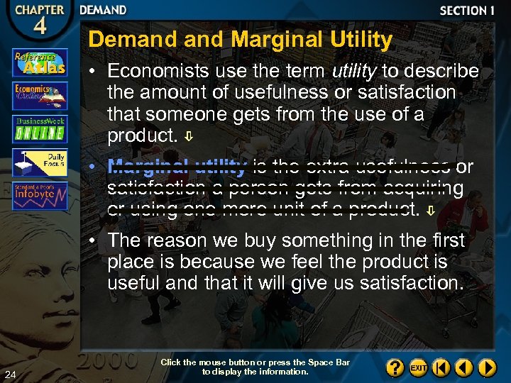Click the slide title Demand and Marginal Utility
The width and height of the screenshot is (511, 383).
pyautogui.click(x=240, y=40)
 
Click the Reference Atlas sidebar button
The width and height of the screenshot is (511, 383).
pyautogui.click(x=40, y=62)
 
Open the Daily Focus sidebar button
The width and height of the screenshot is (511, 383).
pyautogui.click(x=40, y=162)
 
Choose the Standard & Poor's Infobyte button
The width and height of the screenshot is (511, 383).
pyautogui.click(x=40, y=195)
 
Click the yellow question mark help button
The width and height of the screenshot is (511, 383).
pyautogui.click(x=395, y=368)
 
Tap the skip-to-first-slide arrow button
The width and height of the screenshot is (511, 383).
pyautogui.click(x=441, y=368)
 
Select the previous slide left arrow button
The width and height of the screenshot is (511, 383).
pyautogui.click(x=464, y=368)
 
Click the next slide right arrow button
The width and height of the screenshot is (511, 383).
pyautogui.click(x=487, y=368)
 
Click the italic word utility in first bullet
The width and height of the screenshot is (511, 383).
pyautogui.click(x=354, y=72)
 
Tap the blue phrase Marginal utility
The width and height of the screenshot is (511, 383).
pyautogui.click(x=177, y=167)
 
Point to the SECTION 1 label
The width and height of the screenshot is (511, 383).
pyautogui.click(x=467, y=11)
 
